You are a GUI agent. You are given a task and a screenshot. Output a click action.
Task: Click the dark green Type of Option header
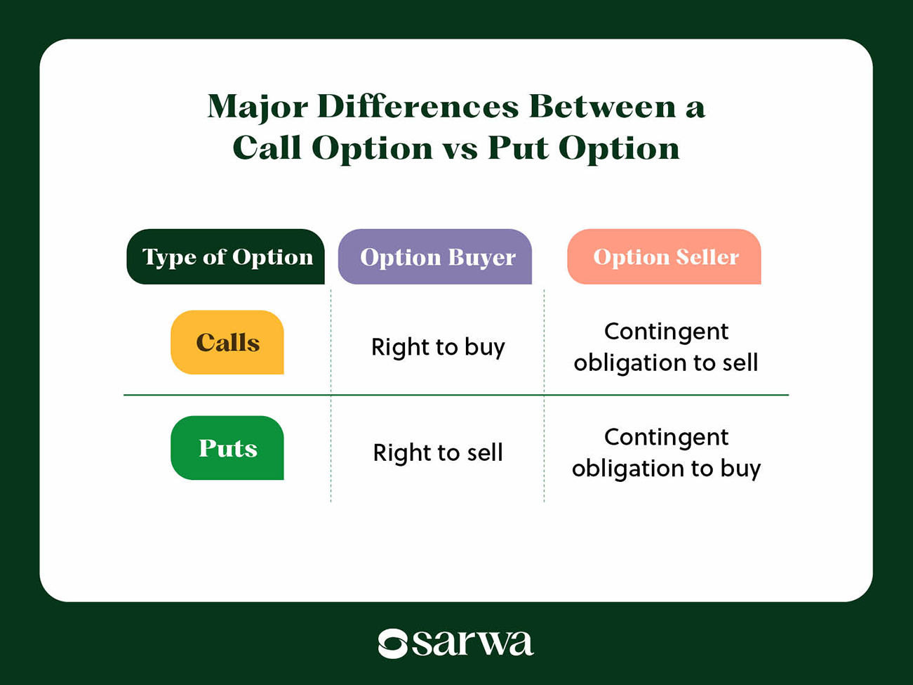(x=226, y=257)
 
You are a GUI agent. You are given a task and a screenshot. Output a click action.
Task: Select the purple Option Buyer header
(x=435, y=257)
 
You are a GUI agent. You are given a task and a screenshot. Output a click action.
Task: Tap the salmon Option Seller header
(x=664, y=257)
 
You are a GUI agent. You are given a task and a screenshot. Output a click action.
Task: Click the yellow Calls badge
(x=227, y=343)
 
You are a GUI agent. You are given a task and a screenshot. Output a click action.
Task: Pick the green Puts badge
(x=227, y=448)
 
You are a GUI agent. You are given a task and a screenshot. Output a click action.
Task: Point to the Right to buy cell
(x=438, y=347)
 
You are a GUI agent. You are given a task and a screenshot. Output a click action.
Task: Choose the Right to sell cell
(x=438, y=452)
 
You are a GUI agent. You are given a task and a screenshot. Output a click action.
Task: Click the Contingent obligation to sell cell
(x=666, y=347)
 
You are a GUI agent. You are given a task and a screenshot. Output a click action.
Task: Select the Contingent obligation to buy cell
(x=666, y=452)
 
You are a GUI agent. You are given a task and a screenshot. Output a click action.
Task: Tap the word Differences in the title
(x=418, y=107)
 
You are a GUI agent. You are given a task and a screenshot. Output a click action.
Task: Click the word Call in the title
(x=266, y=148)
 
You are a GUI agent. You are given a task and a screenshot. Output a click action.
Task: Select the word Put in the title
(x=518, y=148)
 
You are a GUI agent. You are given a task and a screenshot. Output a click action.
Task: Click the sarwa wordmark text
(x=472, y=642)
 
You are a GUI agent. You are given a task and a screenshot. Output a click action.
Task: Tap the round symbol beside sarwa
(x=393, y=644)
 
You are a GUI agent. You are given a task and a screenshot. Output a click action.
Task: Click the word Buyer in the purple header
(x=481, y=258)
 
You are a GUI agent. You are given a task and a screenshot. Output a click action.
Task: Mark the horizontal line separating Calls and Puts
(x=456, y=395)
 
